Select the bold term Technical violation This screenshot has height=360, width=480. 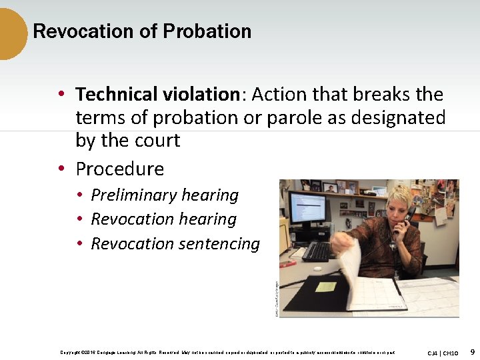pos(157,95)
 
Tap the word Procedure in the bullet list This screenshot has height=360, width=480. pos(119,169)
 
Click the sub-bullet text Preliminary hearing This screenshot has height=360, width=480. pos(165,195)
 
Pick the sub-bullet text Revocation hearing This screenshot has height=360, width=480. pos(163,219)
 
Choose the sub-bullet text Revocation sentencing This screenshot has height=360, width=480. pos(175,244)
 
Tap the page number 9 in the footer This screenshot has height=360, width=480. pos(472,351)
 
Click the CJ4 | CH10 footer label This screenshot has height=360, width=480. pos(443,352)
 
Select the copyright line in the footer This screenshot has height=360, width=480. pos(227,352)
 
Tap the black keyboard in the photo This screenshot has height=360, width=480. pos(319,251)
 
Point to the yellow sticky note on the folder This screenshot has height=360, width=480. pos(325,287)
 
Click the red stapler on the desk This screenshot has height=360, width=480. pos(288,263)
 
